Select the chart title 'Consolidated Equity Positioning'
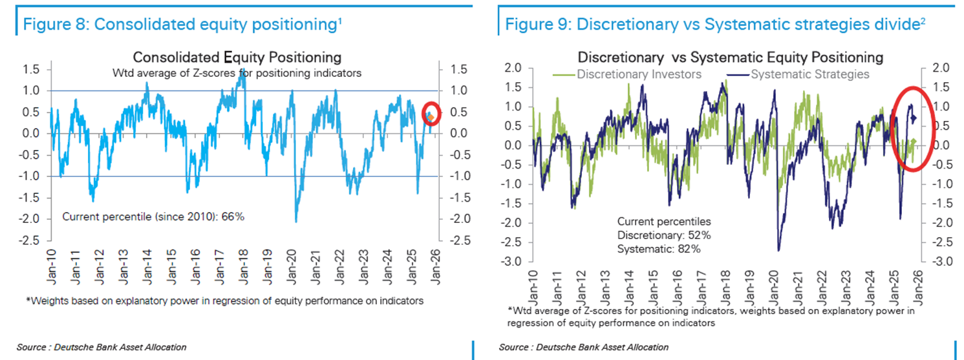[237, 58]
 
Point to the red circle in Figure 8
[432, 114]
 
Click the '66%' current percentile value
[233, 217]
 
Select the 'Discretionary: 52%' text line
[664, 235]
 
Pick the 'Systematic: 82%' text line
[659, 248]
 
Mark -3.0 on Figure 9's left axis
[511, 262]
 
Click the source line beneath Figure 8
[102, 348]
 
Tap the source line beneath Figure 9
[584, 348]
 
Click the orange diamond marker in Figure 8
[432, 117]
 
